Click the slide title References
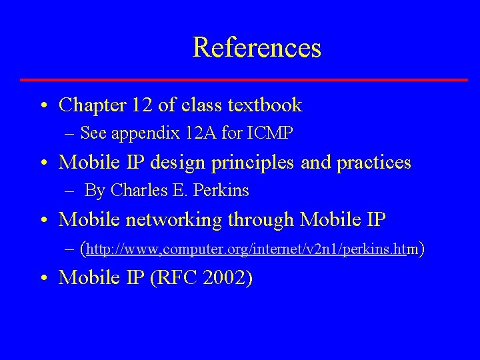[257, 47]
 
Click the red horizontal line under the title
[244, 80]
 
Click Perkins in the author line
[221, 191]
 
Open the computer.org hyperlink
[247, 249]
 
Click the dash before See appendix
[70, 134]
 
